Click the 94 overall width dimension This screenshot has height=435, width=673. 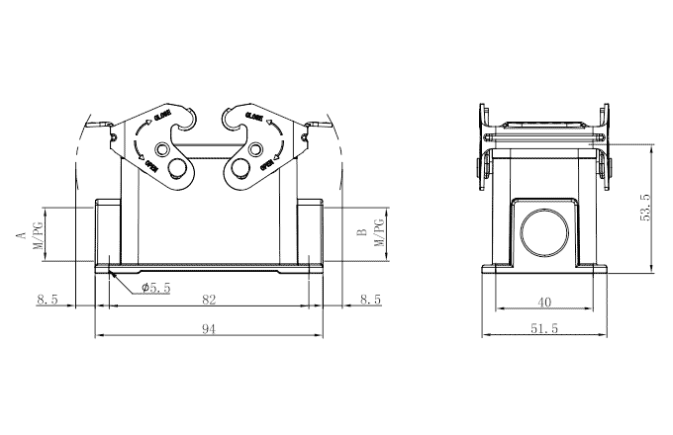(209, 329)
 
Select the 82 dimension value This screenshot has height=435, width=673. (209, 298)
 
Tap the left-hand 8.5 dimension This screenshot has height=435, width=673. (48, 298)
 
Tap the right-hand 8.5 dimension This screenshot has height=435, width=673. (370, 298)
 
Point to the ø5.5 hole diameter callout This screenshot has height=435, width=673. (156, 288)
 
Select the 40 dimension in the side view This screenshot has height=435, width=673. (543, 302)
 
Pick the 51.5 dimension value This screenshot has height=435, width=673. (543, 329)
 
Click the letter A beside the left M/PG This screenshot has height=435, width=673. (19, 235)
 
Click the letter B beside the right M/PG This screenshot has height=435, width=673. (362, 234)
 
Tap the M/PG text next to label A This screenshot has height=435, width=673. (37, 235)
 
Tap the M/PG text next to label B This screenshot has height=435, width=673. (380, 234)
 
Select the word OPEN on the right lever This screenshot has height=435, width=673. (265, 164)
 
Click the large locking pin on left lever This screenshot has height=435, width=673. (179, 170)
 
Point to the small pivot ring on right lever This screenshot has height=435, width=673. (257, 149)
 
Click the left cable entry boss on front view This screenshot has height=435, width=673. (107, 233)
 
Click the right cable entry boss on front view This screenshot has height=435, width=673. (311, 233)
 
